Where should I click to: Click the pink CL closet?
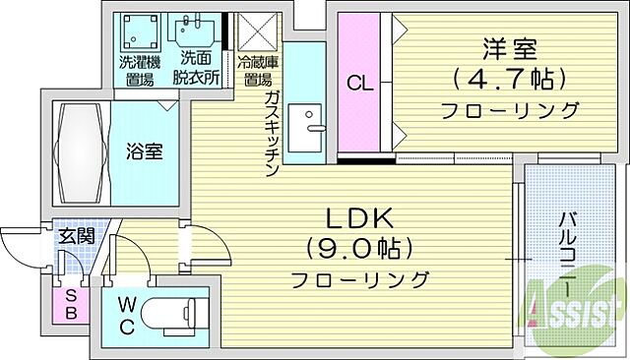coord(357,83)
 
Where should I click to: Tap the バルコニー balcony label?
coord(569,249)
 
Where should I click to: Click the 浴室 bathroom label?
coord(145,151)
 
